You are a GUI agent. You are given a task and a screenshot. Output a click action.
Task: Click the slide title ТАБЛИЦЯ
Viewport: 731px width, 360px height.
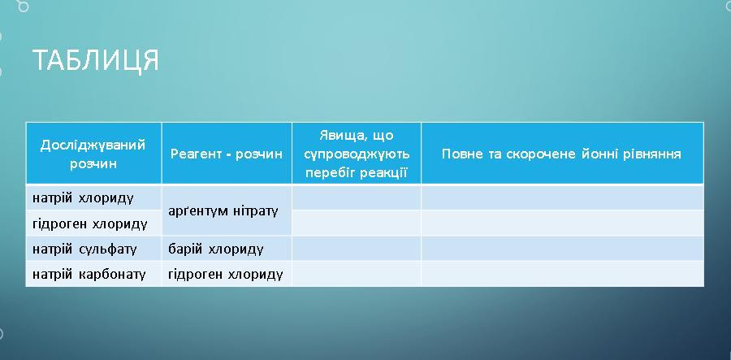coord(96,60)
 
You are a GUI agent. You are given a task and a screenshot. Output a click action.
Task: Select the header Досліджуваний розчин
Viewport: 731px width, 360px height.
coord(93,154)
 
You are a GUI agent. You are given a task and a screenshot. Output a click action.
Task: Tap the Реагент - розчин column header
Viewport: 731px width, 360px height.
coord(227,154)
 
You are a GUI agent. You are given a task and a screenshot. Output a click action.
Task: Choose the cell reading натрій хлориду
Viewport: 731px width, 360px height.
coord(83,198)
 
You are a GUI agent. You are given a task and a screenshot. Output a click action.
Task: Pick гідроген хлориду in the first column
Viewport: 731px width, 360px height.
coord(90,224)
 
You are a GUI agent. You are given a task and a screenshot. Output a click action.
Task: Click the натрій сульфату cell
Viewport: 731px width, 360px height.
coord(84,249)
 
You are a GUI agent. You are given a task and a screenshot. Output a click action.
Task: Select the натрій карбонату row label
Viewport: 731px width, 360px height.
coord(89,274)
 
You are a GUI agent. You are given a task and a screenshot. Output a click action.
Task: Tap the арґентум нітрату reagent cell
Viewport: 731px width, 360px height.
coord(223,211)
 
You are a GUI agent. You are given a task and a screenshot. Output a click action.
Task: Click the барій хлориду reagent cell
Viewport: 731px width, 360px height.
coord(216,249)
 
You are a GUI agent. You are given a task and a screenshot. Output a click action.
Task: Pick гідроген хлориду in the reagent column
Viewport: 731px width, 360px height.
coord(226,274)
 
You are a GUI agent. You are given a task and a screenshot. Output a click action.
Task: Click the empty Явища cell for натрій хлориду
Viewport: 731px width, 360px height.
coord(357,197)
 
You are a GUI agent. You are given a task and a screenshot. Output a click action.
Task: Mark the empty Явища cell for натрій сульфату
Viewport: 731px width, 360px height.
coord(357,249)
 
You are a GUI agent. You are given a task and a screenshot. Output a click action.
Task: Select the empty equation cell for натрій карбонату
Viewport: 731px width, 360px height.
coord(562,274)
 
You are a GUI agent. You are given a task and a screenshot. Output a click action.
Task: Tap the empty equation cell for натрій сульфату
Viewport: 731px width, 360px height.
coord(562,249)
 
